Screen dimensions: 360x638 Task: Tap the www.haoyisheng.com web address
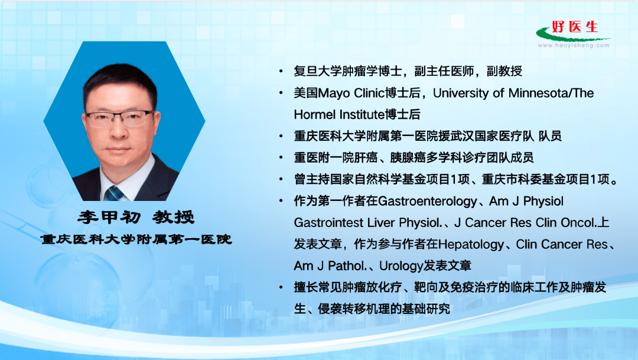573,44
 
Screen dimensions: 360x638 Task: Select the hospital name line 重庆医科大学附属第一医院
136,240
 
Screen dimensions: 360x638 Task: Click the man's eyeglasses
121,118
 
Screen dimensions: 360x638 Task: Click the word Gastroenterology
427,202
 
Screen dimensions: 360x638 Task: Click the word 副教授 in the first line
504,72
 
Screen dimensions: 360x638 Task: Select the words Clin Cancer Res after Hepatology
562,244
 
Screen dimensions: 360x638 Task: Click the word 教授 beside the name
174,217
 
